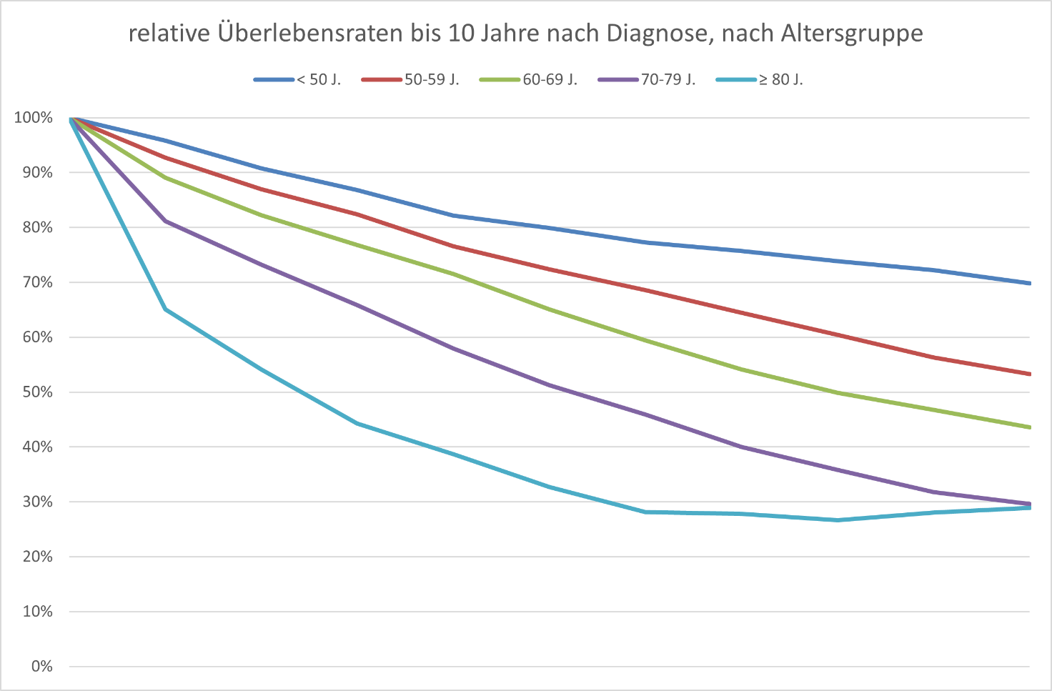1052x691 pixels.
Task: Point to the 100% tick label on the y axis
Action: pyautogui.click(x=34, y=118)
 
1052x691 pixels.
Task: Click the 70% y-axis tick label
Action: pyautogui.click(x=37, y=282)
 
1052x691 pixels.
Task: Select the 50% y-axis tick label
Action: pyautogui.click(x=37, y=392)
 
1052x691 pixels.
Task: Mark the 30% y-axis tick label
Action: pyautogui.click(x=37, y=502)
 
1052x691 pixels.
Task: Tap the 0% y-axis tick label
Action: pyautogui.click(x=41, y=667)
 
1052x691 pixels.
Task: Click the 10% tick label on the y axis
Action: pyautogui.click(x=37, y=612)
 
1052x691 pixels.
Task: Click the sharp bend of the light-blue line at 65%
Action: pyautogui.click(x=166, y=309)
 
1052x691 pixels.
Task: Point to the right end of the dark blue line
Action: pyautogui.click(x=1028, y=283)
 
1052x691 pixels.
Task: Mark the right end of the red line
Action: pyautogui.click(x=1028, y=374)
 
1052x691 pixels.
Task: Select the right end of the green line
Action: pyautogui.click(x=1028, y=427)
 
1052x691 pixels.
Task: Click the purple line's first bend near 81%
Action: pyautogui.click(x=166, y=222)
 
